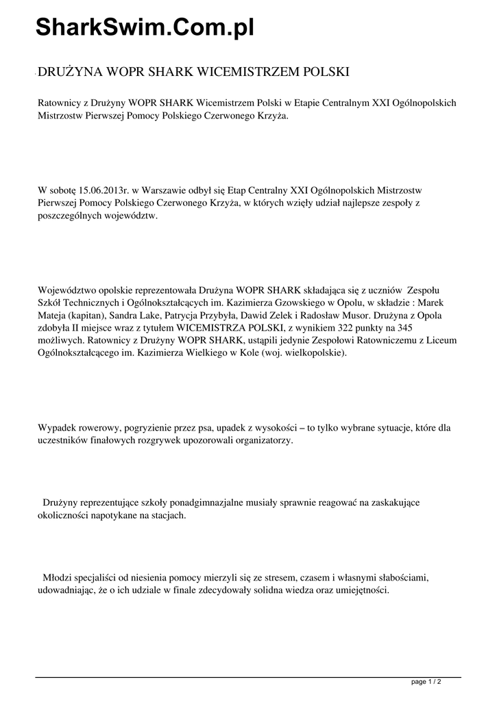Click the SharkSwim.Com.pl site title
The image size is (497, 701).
145,27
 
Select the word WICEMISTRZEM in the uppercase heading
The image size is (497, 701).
239,71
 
